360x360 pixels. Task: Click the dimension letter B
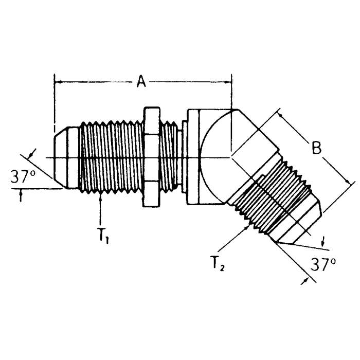pyautogui.click(x=317, y=148)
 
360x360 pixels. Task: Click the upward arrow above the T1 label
pyautogui.click(x=102, y=198)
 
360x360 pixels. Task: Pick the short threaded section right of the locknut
pyautogui.click(x=170, y=157)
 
